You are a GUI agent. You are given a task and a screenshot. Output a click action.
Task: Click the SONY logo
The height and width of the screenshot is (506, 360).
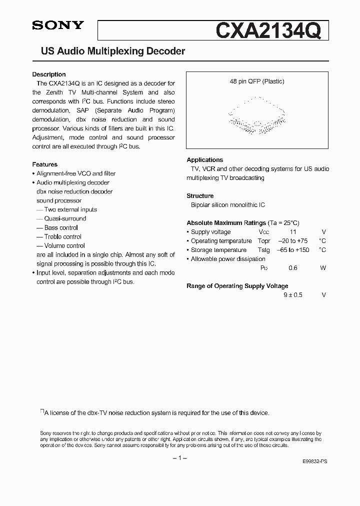[58, 25]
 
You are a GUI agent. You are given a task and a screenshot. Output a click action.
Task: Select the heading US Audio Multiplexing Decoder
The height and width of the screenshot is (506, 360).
[112, 51]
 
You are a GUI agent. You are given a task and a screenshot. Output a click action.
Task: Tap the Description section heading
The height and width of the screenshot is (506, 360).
[49, 74]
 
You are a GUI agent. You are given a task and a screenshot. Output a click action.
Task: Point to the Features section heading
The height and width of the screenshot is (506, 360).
[45, 164]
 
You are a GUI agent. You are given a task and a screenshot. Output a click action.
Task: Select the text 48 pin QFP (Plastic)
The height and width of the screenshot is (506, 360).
[257, 81]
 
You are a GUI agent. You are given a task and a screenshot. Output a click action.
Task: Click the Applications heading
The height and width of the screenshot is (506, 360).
[205, 160]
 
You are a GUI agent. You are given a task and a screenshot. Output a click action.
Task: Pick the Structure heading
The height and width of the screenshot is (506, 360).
[200, 196]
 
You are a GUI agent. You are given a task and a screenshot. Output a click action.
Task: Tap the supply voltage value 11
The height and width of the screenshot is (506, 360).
[293, 232]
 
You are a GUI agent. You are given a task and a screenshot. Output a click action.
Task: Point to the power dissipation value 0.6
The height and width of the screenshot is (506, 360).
[293, 268]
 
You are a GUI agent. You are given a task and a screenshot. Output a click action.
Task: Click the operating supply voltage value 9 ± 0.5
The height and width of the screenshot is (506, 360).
[293, 295]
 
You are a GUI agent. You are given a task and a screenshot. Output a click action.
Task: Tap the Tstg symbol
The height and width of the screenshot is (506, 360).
[263, 250]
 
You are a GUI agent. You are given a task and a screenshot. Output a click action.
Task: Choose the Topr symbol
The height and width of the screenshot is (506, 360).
[264, 241]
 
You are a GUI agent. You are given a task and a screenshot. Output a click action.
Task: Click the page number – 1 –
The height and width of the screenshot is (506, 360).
[179, 458]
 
